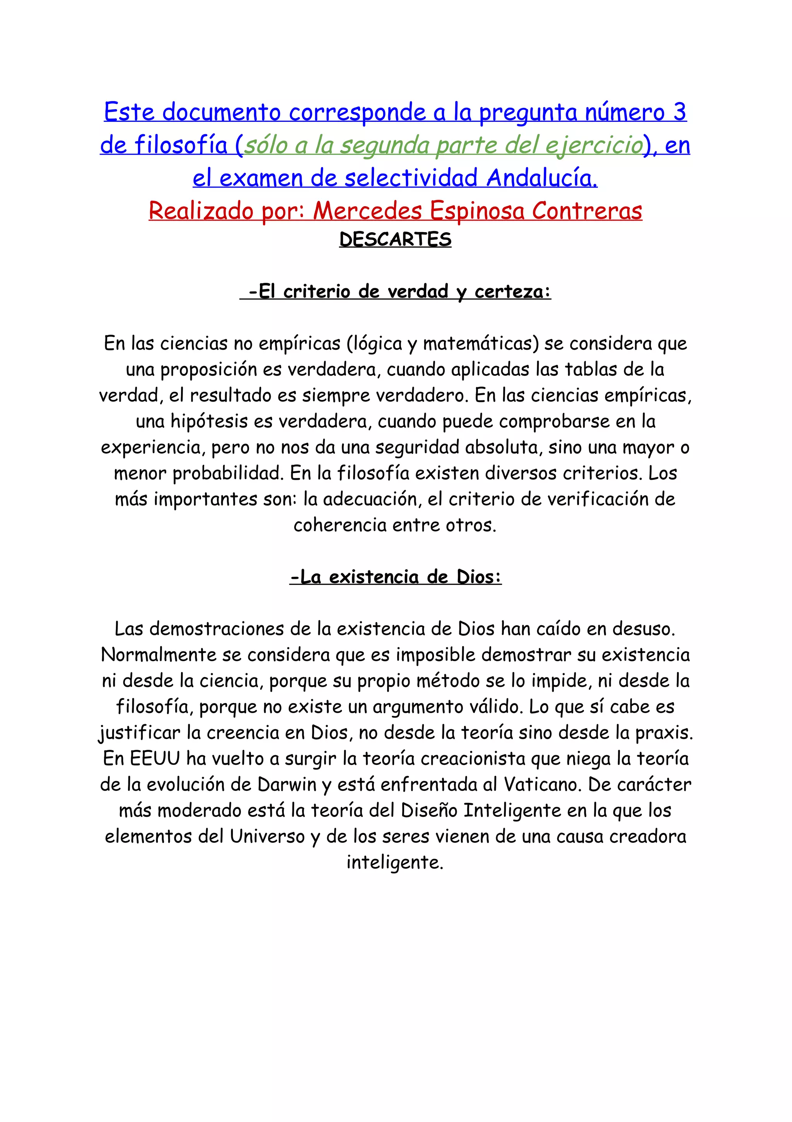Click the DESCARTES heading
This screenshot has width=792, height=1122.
point(395,239)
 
